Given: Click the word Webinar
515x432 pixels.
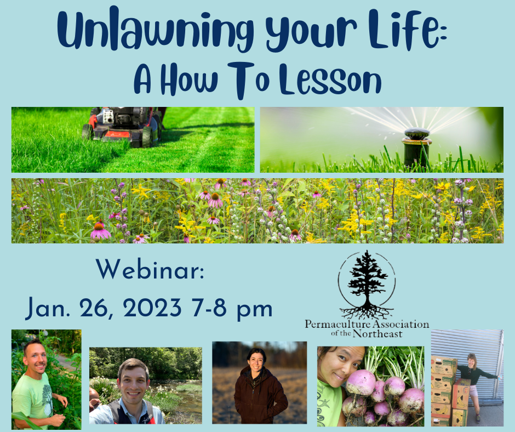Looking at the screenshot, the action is coord(150,269).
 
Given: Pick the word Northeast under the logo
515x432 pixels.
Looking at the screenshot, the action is coord(377,334).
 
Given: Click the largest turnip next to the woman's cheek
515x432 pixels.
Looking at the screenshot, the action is coord(360,382).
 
